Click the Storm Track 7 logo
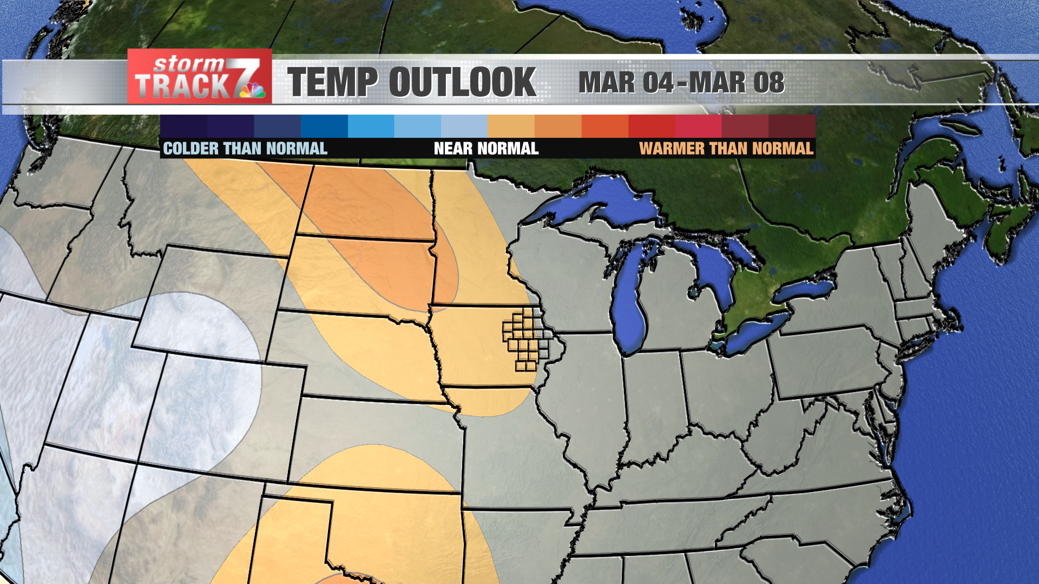pyautogui.click(x=199, y=77)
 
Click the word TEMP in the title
pyautogui.click(x=331, y=82)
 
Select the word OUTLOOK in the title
pyautogui.click(x=462, y=82)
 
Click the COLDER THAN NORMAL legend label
pyautogui.click(x=245, y=149)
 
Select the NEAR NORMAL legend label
pyautogui.click(x=486, y=149)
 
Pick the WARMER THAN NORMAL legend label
pyautogui.click(x=726, y=149)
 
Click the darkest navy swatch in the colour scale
pyautogui.click(x=183, y=126)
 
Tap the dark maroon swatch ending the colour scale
pyautogui.click(x=792, y=126)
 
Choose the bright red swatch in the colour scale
pyautogui.click(x=652, y=126)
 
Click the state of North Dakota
pyautogui.click(x=368, y=203)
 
